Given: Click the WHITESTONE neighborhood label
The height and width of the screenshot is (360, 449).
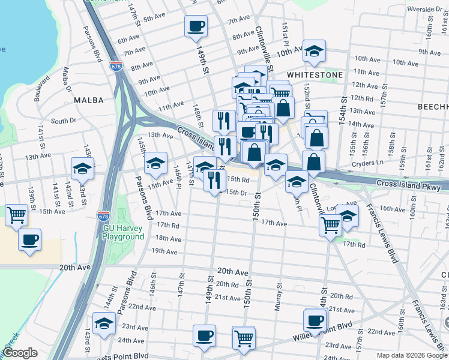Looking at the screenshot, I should coord(315,75).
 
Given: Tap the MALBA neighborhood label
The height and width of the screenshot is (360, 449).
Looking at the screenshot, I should coord(89,101).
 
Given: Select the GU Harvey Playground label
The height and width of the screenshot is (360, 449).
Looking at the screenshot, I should coord(124,232).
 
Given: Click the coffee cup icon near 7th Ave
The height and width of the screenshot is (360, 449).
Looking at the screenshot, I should coord(196,26).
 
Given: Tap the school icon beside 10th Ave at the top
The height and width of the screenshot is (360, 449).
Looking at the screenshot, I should coord(314,52).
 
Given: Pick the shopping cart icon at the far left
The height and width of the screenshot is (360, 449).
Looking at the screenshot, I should coord(17,215).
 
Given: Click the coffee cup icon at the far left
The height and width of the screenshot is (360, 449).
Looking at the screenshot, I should coord(29,240).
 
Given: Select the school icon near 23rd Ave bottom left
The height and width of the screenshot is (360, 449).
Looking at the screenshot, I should coord(104,323).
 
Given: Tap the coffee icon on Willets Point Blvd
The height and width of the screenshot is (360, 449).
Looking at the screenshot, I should coord(315,320).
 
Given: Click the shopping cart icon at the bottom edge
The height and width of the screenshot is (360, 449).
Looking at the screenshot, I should coord(244,338).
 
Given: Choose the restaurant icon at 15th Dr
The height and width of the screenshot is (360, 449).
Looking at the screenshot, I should coord(214,179).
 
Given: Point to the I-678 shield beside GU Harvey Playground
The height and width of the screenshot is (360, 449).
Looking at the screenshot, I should coord(101,215).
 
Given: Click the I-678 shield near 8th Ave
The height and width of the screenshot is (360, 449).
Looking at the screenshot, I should coord(116,67).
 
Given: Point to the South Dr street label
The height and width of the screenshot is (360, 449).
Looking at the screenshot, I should coord(63,121).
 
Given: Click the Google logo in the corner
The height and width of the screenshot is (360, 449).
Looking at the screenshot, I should coord(20,353).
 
